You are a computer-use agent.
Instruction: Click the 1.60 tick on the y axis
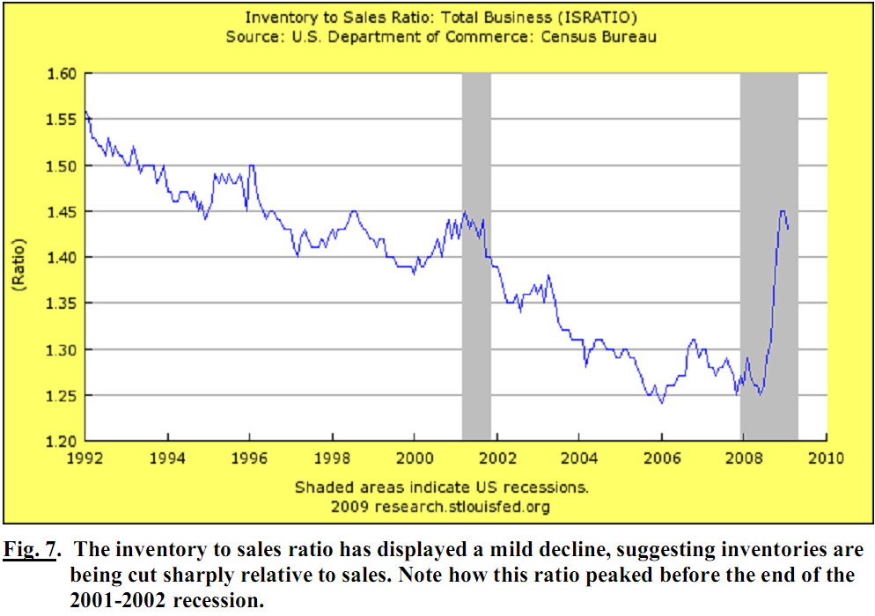click(62, 73)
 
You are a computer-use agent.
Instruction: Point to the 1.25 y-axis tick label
click(62, 395)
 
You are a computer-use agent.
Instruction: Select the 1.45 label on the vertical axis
click(62, 211)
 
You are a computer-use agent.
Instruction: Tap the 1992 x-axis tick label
click(86, 458)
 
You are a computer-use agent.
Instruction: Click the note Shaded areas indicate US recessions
click(441, 487)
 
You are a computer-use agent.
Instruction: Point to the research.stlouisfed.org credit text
click(462, 507)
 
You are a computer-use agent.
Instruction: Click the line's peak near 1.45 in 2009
click(782, 211)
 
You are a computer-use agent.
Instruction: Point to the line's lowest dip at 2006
click(660, 402)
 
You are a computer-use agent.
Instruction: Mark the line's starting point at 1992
click(86, 112)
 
